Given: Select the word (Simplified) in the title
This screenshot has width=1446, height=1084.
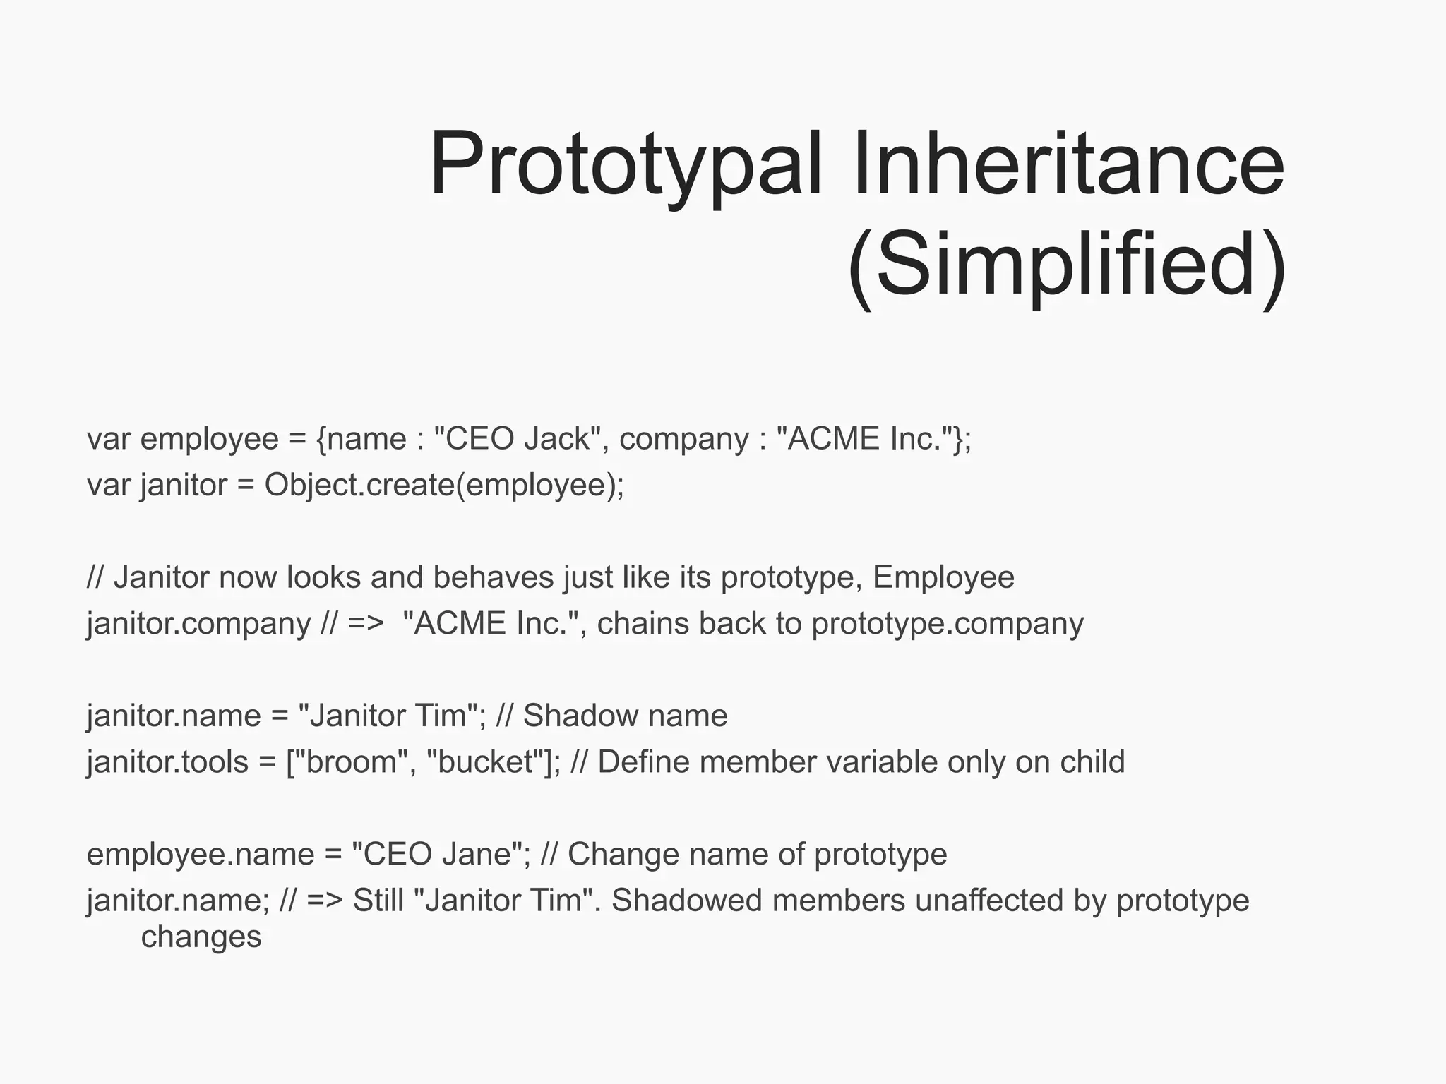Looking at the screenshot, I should click(x=1066, y=265).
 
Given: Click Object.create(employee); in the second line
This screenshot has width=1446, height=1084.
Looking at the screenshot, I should click(x=444, y=486).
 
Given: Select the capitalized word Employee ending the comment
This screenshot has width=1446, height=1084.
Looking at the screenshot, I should click(x=943, y=577).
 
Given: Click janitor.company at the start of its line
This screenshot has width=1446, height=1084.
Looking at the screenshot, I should click(x=198, y=624).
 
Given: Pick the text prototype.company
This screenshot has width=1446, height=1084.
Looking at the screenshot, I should click(x=948, y=624).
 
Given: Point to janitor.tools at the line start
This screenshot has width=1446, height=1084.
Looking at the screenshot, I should click(x=167, y=762).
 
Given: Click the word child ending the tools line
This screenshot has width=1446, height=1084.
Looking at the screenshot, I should click(x=1092, y=762).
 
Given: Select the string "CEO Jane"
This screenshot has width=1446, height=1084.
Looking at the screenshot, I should click(x=436, y=855).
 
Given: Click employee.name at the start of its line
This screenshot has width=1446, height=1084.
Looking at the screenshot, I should click(x=200, y=855).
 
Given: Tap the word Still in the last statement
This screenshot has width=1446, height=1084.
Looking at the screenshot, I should click(x=378, y=901).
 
